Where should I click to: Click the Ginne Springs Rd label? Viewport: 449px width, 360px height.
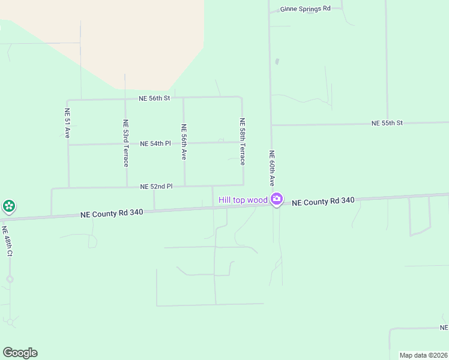click(306, 9)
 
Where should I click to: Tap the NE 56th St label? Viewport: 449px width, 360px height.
click(154, 98)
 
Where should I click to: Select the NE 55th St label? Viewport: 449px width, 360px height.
click(387, 123)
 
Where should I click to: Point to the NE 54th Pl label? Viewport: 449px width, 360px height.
click(155, 144)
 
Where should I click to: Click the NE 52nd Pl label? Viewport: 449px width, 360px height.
click(156, 187)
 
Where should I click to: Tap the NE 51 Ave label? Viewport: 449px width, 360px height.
click(67, 124)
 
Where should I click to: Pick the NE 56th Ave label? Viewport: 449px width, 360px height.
click(184, 142)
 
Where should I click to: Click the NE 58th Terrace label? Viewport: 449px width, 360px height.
click(243, 142)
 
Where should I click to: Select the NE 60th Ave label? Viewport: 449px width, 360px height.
click(271, 168)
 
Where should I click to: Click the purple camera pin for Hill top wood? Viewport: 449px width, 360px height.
click(276, 199)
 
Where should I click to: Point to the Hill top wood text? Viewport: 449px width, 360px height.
click(243, 200)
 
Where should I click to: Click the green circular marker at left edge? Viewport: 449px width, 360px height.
click(8, 207)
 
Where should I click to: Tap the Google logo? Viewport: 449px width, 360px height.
click(20, 353)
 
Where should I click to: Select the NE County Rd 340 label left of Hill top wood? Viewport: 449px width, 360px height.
click(112, 213)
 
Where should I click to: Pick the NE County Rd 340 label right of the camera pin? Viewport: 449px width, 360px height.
click(323, 202)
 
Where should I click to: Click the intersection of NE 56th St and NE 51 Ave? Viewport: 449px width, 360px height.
click(67, 100)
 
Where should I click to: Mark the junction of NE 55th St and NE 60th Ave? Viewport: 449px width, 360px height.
click(271, 125)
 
